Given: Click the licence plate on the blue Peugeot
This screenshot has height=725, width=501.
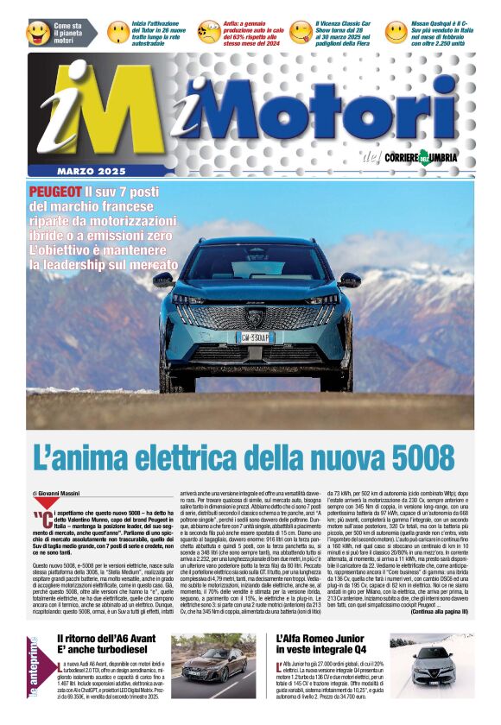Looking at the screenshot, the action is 254,336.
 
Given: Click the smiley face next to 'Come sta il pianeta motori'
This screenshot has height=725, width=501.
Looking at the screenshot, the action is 38,33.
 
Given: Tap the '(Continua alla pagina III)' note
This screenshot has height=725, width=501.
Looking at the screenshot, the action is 439,611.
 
